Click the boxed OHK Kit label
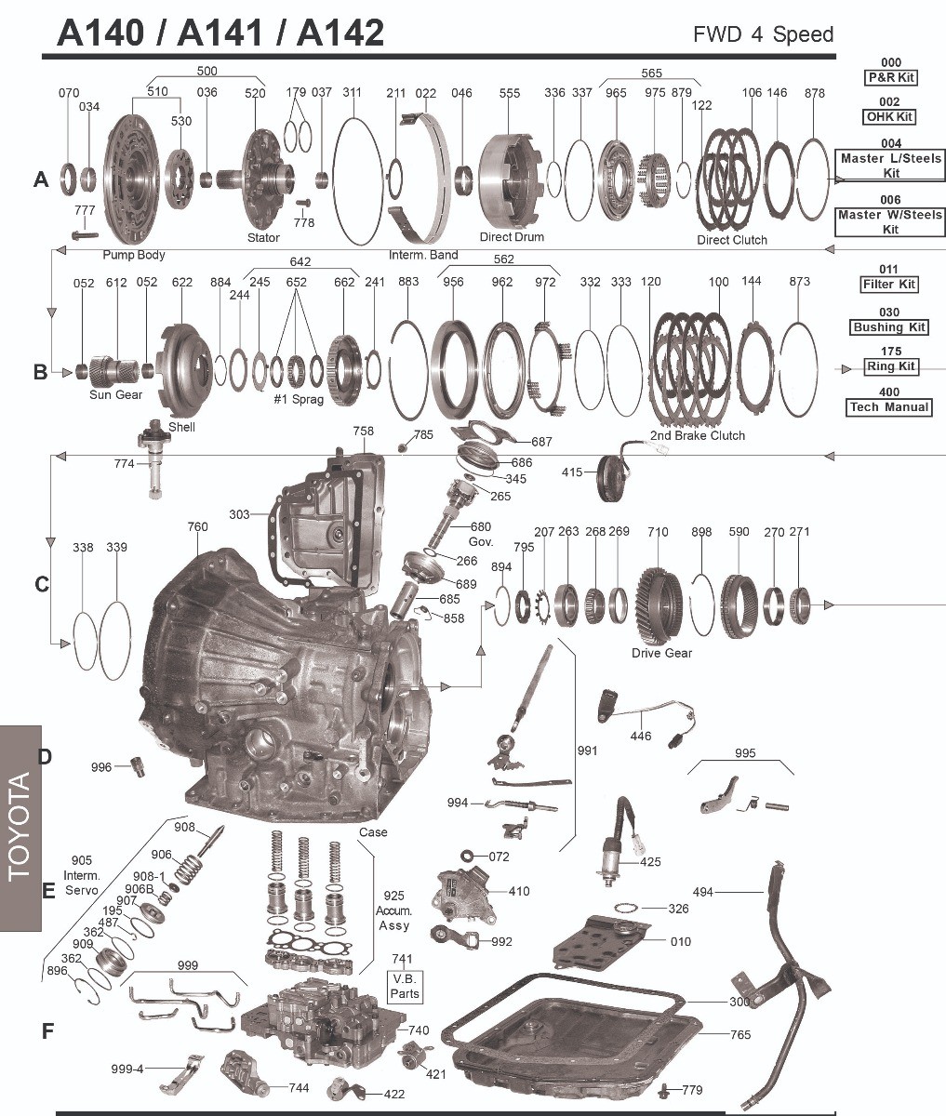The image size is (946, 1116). click(x=889, y=117)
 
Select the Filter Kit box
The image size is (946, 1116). click(x=889, y=285)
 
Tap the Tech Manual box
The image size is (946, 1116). click(x=889, y=407)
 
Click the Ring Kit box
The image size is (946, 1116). click(x=890, y=366)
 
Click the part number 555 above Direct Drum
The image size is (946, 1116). click(x=509, y=93)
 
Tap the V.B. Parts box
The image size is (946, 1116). click(x=405, y=987)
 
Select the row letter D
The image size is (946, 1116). click(x=45, y=756)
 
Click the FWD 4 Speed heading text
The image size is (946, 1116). click(x=763, y=35)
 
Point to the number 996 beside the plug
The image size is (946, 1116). click(x=100, y=767)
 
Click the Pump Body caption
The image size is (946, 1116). click(x=134, y=254)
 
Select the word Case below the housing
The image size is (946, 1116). click(x=373, y=831)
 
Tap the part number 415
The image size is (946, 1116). click(x=573, y=472)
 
